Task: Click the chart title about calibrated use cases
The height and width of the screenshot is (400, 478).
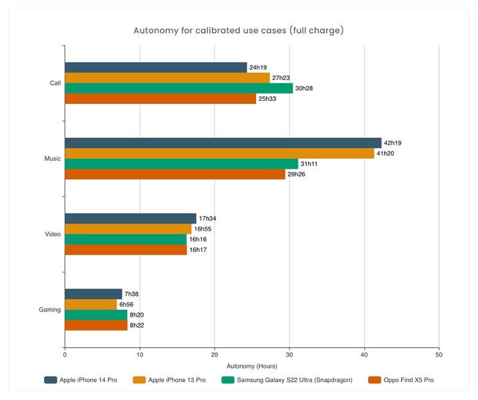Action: point(239,31)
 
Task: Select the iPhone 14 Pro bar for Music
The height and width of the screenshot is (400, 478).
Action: point(223,143)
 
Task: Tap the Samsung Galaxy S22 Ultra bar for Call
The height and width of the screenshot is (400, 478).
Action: point(179,89)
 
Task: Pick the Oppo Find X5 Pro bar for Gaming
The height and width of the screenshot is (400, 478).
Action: point(96,325)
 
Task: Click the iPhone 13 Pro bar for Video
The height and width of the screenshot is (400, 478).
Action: point(128,229)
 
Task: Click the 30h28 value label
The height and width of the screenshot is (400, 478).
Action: point(305,89)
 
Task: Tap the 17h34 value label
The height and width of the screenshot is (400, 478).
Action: point(209,219)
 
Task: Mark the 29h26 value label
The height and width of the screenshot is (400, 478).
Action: point(297,174)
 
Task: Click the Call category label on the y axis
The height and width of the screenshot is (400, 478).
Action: point(55,83)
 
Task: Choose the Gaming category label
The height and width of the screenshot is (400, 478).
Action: point(50,309)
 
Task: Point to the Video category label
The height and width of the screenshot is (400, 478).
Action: point(53,234)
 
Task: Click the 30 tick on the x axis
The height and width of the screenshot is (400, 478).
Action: point(289,354)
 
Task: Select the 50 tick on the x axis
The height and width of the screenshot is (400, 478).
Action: point(439,354)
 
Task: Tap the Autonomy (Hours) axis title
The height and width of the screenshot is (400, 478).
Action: point(251,366)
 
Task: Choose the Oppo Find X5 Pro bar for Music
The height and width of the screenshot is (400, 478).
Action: point(175,174)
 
